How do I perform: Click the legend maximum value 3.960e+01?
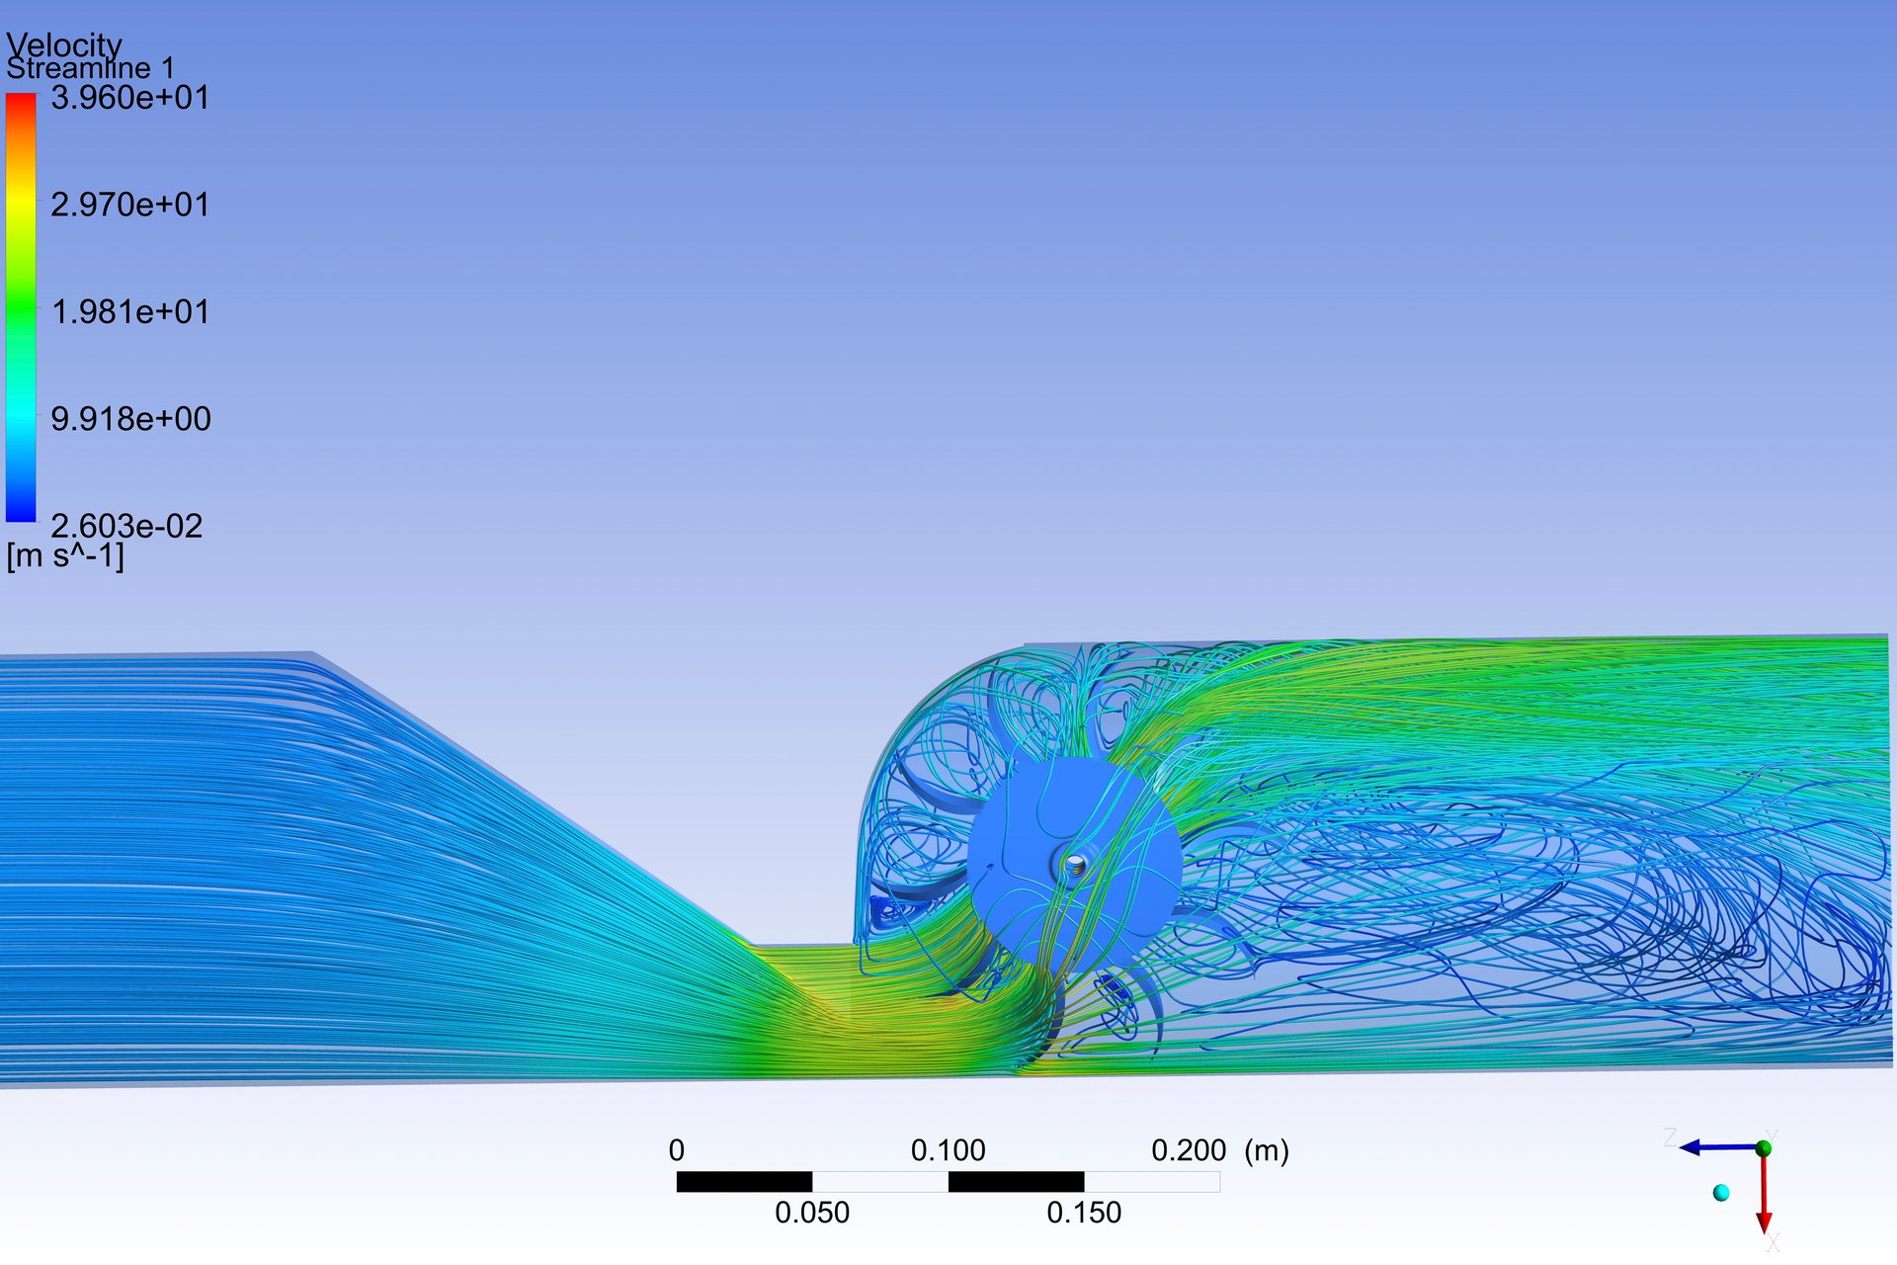point(130,98)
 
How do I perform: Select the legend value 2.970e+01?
point(130,205)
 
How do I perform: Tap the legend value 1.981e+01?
point(130,312)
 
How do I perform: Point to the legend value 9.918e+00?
point(130,419)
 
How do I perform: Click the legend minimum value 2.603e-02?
point(126,526)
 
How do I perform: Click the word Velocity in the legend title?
point(64,44)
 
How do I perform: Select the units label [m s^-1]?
point(65,556)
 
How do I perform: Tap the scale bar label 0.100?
point(948,1150)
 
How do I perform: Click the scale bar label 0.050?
point(812,1213)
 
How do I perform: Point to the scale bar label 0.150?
point(1084,1213)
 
